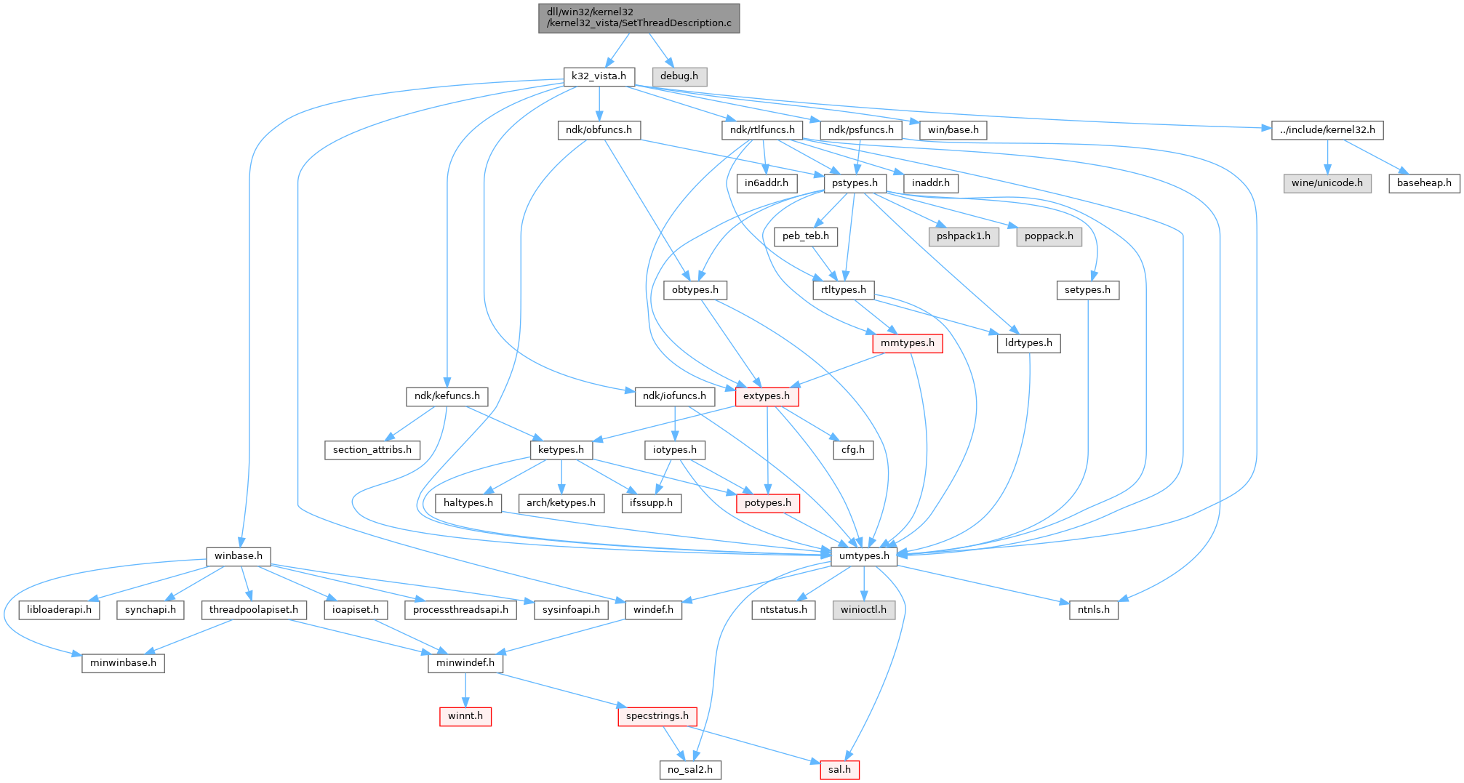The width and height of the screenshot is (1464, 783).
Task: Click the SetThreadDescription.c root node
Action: [639, 17]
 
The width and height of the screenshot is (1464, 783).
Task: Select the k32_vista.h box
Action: [599, 76]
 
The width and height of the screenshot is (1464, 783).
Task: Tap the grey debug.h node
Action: [679, 76]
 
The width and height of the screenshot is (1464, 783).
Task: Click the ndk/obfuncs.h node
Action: [599, 130]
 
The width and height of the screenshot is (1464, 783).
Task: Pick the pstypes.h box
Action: [855, 183]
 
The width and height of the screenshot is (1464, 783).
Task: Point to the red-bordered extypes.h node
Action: [767, 396]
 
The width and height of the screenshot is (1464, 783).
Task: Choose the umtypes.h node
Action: [864, 556]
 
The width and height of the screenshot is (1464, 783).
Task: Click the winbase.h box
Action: [239, 556]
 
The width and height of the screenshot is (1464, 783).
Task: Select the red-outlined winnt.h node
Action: [465, 716]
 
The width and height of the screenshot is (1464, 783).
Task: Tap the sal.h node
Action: [839, 769]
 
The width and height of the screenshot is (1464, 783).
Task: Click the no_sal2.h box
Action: [690, 769]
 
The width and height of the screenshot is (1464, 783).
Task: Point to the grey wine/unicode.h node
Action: [1327, 183]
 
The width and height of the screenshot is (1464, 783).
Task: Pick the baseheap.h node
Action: [1424, 183]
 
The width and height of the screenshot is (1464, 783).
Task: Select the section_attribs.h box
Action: [372, 450]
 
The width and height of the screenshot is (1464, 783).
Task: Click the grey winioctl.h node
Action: [864, 609]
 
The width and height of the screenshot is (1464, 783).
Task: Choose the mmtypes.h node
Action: [908, 343]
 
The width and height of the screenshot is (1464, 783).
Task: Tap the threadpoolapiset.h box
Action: [254, 609]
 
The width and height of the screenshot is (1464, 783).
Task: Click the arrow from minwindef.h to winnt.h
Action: [465, 690]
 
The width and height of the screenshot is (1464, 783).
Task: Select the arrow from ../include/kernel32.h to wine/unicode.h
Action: [1327, 156]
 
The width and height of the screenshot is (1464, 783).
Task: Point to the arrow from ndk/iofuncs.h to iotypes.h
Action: [676, 423]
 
